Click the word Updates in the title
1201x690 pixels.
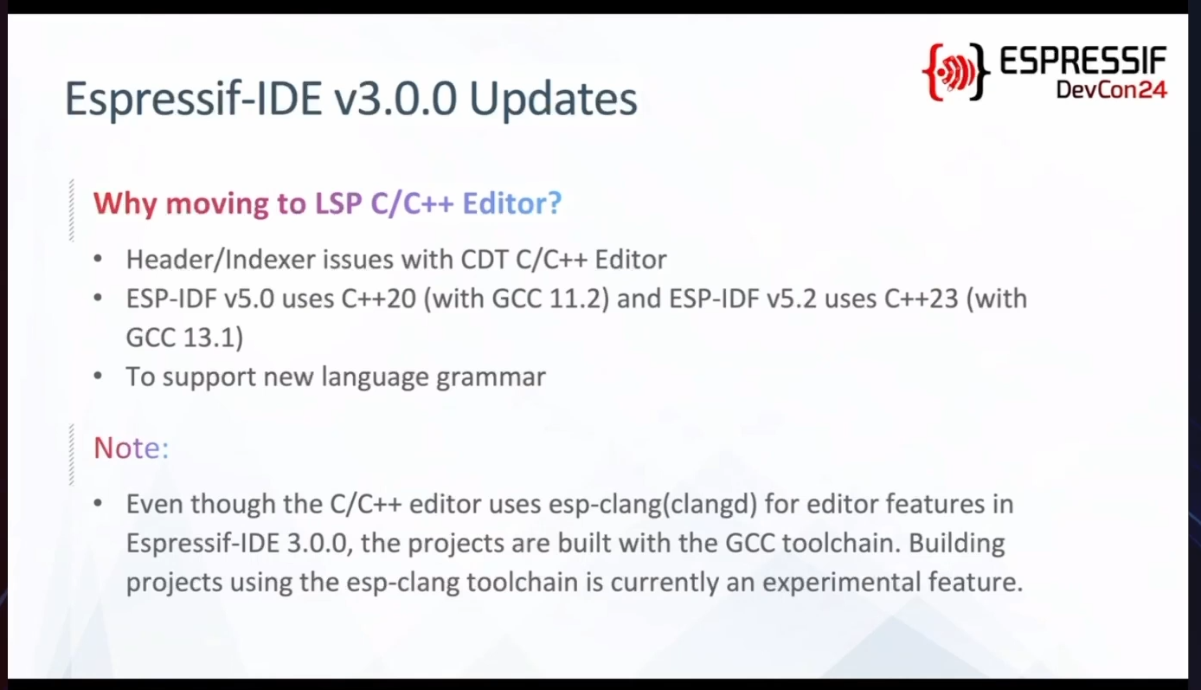tap(553, 100)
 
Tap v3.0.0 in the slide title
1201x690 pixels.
tap(395, 99)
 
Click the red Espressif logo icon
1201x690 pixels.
tap(956, 72)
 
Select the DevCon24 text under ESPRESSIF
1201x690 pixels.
tap(1112, 89)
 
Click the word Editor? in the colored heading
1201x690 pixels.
tap(512, 203)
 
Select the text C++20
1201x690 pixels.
tap(378, 299)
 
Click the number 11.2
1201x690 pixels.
tap(580, 300)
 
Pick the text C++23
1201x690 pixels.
tap(922, 299)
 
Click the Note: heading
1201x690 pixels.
tap(132, 448)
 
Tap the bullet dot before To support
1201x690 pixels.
tap(98, 376)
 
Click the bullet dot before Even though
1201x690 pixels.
tap(98, 504)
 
